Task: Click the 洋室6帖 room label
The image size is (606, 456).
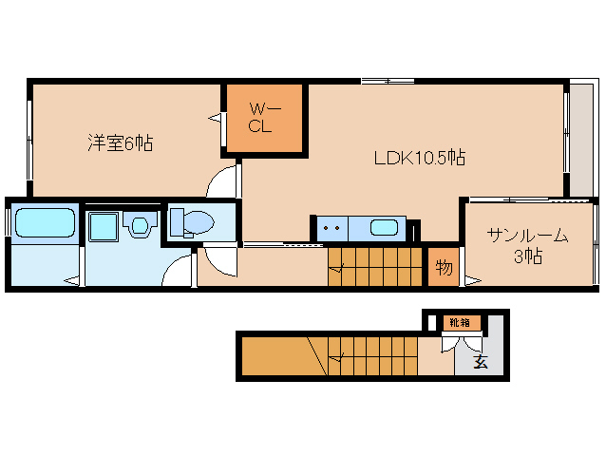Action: pos(120,143)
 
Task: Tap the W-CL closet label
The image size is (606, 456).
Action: pos(263,117)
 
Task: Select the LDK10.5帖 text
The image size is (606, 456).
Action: pos(417,158)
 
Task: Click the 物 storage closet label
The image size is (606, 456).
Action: pos(443,267)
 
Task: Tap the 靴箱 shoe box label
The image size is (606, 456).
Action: pos(460,323)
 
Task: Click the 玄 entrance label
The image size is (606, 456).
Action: pos(481,362)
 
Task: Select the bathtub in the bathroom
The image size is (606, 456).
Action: pos(45,223)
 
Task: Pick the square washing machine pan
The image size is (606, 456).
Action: pos(103,227)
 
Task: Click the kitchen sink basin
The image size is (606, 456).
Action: pos(384,228)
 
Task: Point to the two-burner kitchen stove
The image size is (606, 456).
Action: pos(331,228)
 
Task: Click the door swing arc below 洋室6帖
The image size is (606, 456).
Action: pos(224,180)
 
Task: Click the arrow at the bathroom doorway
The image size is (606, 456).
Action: pos(71,280)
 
